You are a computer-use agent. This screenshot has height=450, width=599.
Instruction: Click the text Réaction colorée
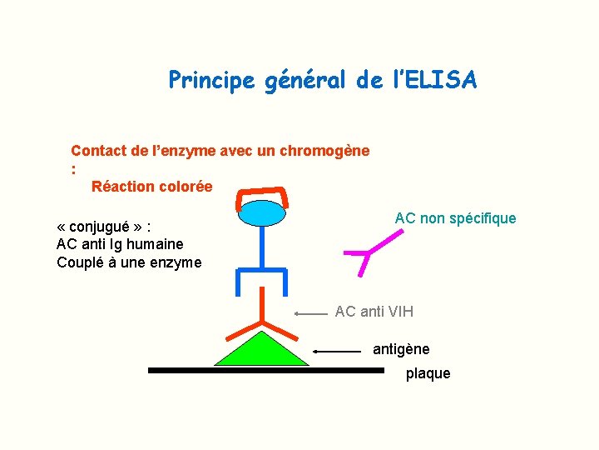[x=151, y=187]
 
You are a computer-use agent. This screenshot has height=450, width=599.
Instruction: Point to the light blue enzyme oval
[x=262, y=214]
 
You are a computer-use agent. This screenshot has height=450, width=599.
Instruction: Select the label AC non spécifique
[x=455, y=218]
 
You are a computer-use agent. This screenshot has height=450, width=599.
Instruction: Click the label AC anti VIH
[x=374, y=312]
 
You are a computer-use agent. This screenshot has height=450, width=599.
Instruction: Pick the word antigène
[x=401, y=349]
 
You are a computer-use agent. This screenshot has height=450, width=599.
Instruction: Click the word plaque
[x=428, y=374]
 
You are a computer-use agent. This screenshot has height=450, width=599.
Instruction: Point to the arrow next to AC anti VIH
[x=311, y=314]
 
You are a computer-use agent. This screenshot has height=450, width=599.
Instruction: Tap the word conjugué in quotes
[x=105, y=226]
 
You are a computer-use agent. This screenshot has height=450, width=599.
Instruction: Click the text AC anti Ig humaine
[x=120, y=244]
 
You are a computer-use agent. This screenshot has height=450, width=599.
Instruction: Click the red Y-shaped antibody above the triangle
[x=262, y=317]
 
